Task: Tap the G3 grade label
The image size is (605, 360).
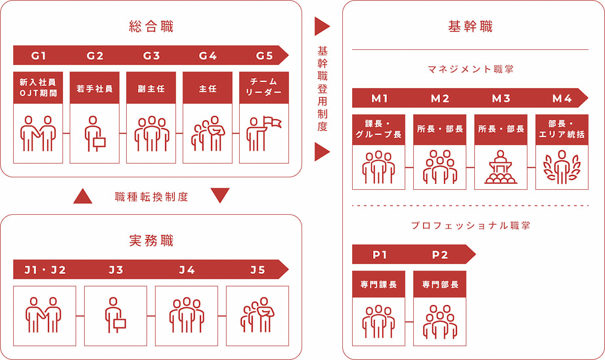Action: pos(151,55)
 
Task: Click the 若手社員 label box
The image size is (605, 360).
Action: pos(95,87)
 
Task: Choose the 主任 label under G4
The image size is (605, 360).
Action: pos(208,87)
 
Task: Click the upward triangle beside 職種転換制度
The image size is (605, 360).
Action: pos(83,196)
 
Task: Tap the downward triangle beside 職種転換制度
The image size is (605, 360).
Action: pos(220,196)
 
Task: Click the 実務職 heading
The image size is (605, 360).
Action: pos(151,240)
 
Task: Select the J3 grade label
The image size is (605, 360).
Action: pos(116,269)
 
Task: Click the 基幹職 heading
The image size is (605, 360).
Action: pos(470,27)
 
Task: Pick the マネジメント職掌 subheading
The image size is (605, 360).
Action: pos(470,68)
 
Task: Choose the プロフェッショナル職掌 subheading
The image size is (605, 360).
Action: pos(470,225)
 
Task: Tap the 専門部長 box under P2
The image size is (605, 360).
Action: pos(439,286)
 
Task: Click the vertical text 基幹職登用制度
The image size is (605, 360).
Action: pos(322,89)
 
